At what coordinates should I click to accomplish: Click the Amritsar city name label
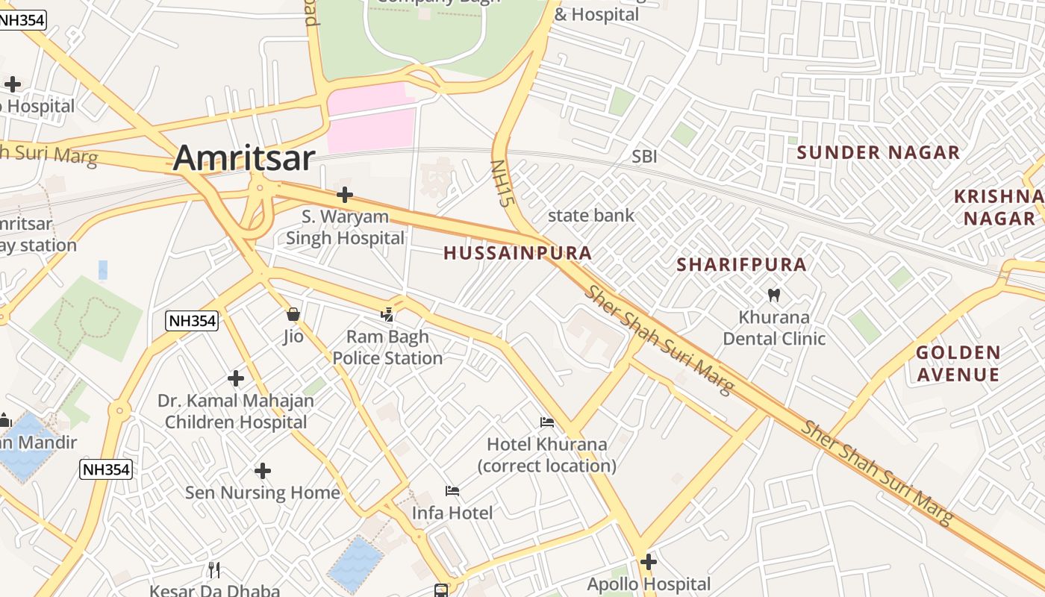point(244,158)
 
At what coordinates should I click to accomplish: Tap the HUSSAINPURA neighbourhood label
point(517,253)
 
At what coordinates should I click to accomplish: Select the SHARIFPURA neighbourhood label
point(741,264)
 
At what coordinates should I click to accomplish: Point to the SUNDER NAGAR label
point(878,153)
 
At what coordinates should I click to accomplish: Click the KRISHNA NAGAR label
point(999,207)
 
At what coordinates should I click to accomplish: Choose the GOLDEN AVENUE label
point(958,363)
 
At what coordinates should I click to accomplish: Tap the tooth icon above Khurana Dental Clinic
point(773,295)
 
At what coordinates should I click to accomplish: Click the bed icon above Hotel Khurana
point(547,422)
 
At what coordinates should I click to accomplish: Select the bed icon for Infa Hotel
point(452,491)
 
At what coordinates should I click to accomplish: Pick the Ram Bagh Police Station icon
point(387,315)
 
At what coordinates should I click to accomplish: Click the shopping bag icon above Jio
point(293,314)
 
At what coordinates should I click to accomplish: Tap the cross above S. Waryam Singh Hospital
point(344,195)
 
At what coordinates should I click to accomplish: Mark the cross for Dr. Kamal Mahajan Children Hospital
point(236,378)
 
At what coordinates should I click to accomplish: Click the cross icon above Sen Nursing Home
point(262,471)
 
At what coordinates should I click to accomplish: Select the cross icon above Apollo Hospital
point(648,561)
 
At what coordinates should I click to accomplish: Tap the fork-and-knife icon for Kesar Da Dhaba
point(214,570)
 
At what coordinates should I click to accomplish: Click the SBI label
point(644,157)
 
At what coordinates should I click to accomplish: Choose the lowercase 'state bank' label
point(590,216)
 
